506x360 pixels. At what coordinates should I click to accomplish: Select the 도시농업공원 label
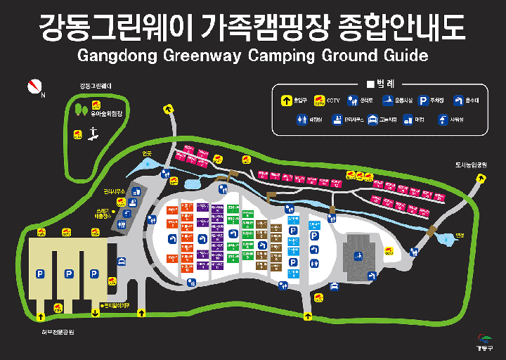[471, 165]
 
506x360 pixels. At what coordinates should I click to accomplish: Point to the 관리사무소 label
[114, 191]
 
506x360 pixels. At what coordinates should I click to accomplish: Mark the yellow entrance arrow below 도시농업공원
[481, 178]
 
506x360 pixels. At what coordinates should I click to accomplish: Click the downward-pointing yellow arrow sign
[95, 313]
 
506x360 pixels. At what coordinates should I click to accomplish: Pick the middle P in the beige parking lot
[69, 274]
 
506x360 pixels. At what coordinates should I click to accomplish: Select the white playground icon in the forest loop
[90, 139]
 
